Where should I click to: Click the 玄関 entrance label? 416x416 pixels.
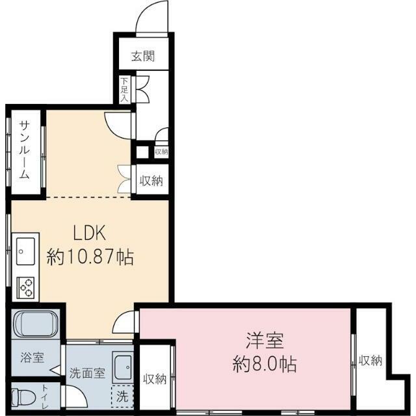coord(143,57)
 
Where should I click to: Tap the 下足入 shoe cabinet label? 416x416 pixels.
coord(124,90)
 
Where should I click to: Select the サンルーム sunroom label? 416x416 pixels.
coord(25,150)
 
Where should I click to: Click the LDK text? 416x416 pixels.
coord(90,233)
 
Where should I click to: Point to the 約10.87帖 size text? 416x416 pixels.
coord(90,257)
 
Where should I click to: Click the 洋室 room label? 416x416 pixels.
coord(265,341)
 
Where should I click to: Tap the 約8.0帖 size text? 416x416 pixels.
coord(265,364)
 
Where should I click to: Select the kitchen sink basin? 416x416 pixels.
coord(25,252)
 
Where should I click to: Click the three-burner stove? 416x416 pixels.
coord(25,287)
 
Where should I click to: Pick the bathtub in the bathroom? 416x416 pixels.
coord(36,324)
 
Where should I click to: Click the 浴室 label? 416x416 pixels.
coord(32,357)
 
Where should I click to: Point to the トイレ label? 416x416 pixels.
coord(45,397)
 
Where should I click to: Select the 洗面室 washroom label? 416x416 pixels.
coord(87,373)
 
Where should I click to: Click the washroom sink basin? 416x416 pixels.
coord(123,367)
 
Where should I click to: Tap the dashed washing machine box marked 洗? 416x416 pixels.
coord(122,396)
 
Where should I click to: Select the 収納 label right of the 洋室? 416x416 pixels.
coord(370,361)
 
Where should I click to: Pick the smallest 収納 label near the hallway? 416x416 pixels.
coord(161,151)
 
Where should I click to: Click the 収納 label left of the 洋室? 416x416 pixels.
coord(155,379)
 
